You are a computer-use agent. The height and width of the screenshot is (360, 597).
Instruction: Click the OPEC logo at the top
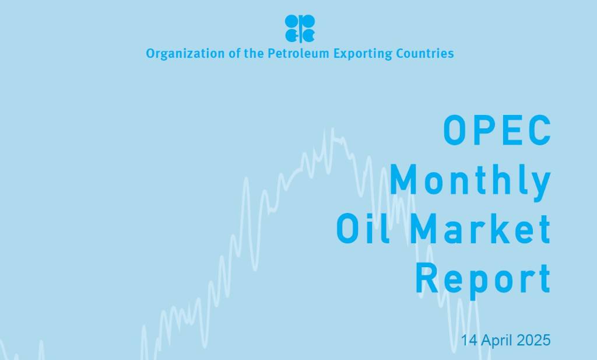[300, 28]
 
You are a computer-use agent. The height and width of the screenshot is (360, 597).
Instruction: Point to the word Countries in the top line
[424, 54]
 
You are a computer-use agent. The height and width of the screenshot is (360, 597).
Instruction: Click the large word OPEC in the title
[497, 130]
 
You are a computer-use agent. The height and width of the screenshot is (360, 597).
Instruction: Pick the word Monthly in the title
[470, 180]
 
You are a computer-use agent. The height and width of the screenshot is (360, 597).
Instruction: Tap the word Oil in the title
[363, 229]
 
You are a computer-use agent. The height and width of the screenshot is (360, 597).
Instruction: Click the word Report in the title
[483, 279]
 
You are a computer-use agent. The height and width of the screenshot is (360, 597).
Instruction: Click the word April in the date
[497, 340]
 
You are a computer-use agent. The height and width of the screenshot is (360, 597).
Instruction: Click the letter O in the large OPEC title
[455, 130]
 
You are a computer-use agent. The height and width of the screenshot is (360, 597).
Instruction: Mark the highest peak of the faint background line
[332, 130]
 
